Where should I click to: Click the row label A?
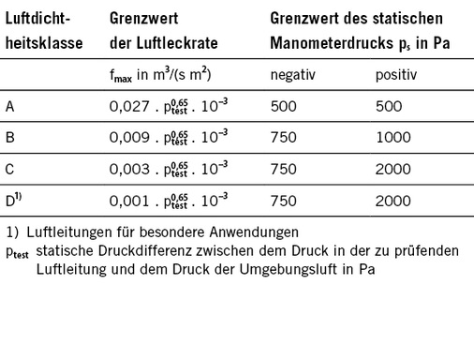(10, 106)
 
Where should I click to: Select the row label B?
(10, 138)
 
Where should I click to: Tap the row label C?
(10, 170)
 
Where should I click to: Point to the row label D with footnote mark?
(14, 201)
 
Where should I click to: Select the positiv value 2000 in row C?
(393, 171)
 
